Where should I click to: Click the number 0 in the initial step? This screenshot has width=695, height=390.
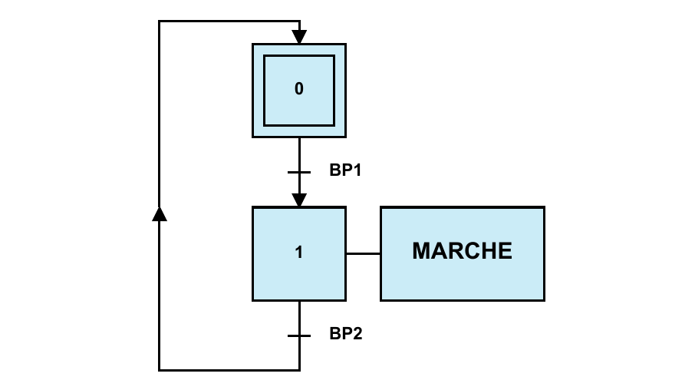coord(299,89)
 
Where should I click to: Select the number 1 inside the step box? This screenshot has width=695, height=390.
coord(299,253)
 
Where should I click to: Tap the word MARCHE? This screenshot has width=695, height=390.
coord(462,251)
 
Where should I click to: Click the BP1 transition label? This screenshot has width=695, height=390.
coord(345,170)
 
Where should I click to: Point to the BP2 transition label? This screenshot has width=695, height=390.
coord(345,334)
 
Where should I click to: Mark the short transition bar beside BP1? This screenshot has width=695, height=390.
coord(299,173)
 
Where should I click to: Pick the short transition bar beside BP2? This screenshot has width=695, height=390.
coord(299,335)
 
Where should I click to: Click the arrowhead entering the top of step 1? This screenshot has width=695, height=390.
coord(299,200)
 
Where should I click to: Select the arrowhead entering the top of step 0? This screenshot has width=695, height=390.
coord(299,37)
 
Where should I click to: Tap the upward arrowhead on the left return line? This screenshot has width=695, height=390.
coord(160,213)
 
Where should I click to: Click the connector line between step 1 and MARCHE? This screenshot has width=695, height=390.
coord(363,253)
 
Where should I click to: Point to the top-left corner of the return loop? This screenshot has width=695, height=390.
coord(160,21)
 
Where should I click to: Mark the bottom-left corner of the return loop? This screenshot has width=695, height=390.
coord(160,370)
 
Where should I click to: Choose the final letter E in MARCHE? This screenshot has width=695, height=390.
coord(505,251)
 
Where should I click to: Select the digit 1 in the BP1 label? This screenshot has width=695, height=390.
coord(356,170)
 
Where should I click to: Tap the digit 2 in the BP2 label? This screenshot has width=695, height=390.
coord(357,334)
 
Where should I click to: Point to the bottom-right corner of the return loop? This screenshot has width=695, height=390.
coord(299,370)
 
